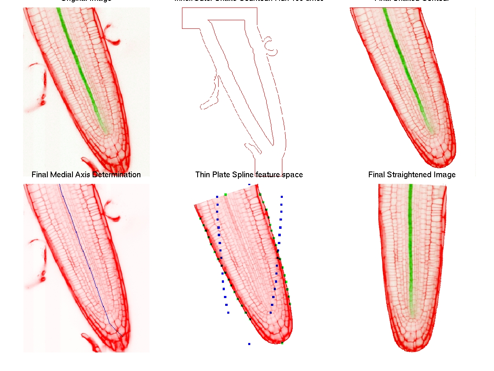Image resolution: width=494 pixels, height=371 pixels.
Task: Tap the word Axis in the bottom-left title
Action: [84, 175]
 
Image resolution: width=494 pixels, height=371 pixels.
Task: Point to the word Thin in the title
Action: [203, 175]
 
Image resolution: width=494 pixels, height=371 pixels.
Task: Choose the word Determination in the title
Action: [117, 175]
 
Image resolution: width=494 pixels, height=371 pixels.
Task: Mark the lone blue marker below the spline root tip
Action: [249, 343]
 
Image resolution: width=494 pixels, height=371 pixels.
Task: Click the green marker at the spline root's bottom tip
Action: [282, 343]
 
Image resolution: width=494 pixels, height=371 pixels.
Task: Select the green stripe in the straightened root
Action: [411, 247]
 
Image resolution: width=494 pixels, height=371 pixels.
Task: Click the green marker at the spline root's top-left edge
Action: [225, 194]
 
